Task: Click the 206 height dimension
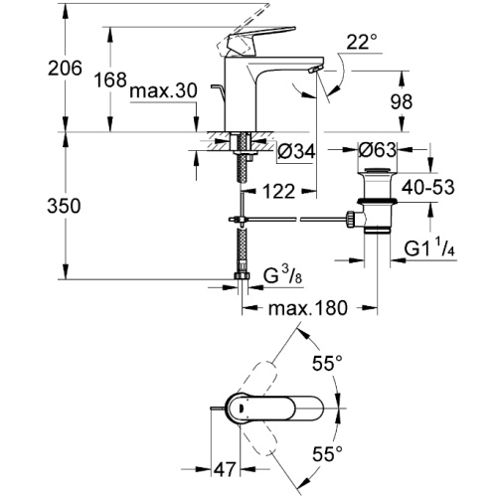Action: (x=65, y=69)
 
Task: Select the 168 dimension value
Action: (x=110, y=81)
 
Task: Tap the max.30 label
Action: (x=164, y=90)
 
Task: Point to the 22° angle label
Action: (x=362, y=43)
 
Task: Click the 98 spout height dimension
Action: (x=401, y=102)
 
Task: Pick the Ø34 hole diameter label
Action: (x=296, y=152)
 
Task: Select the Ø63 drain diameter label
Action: (x=377, y=150)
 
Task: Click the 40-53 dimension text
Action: (x=428, y=188)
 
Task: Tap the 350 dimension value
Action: (x=64, y=206)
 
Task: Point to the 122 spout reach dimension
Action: (x=278, y=192)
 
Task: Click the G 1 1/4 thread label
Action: (x=429, y=248)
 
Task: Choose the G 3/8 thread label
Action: (x=282, y=275)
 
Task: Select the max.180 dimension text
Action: (x=308, y=308)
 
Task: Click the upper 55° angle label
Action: (x=327, y=364)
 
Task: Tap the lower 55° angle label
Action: (x=328, y=454)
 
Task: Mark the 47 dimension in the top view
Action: (x=225, y=469)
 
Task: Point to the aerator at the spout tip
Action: (x=314, y=69)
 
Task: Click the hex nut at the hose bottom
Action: (x=243, y=275)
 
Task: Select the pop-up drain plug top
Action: (x=377, y=171)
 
